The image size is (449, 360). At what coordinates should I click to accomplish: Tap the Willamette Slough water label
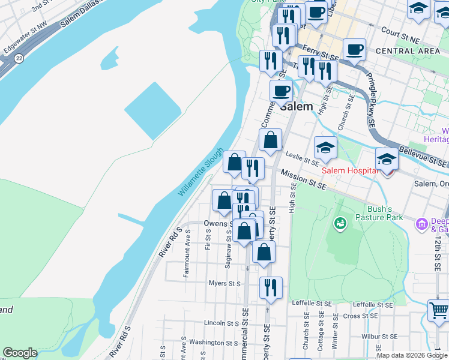pos(200,172)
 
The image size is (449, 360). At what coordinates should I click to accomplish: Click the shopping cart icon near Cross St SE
pos(439,311)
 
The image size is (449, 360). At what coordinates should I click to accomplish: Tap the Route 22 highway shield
pos(19,58)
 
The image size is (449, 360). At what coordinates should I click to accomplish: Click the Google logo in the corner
pos(20,353)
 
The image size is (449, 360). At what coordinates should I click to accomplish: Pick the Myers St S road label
pos(224,283)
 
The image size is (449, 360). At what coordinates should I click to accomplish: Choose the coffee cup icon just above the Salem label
pos(280,91)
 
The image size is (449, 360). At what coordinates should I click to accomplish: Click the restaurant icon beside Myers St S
pos(271,287)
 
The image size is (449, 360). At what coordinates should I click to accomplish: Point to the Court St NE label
pos(399,34)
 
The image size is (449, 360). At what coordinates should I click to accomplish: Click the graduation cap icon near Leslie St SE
pos(325,147)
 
